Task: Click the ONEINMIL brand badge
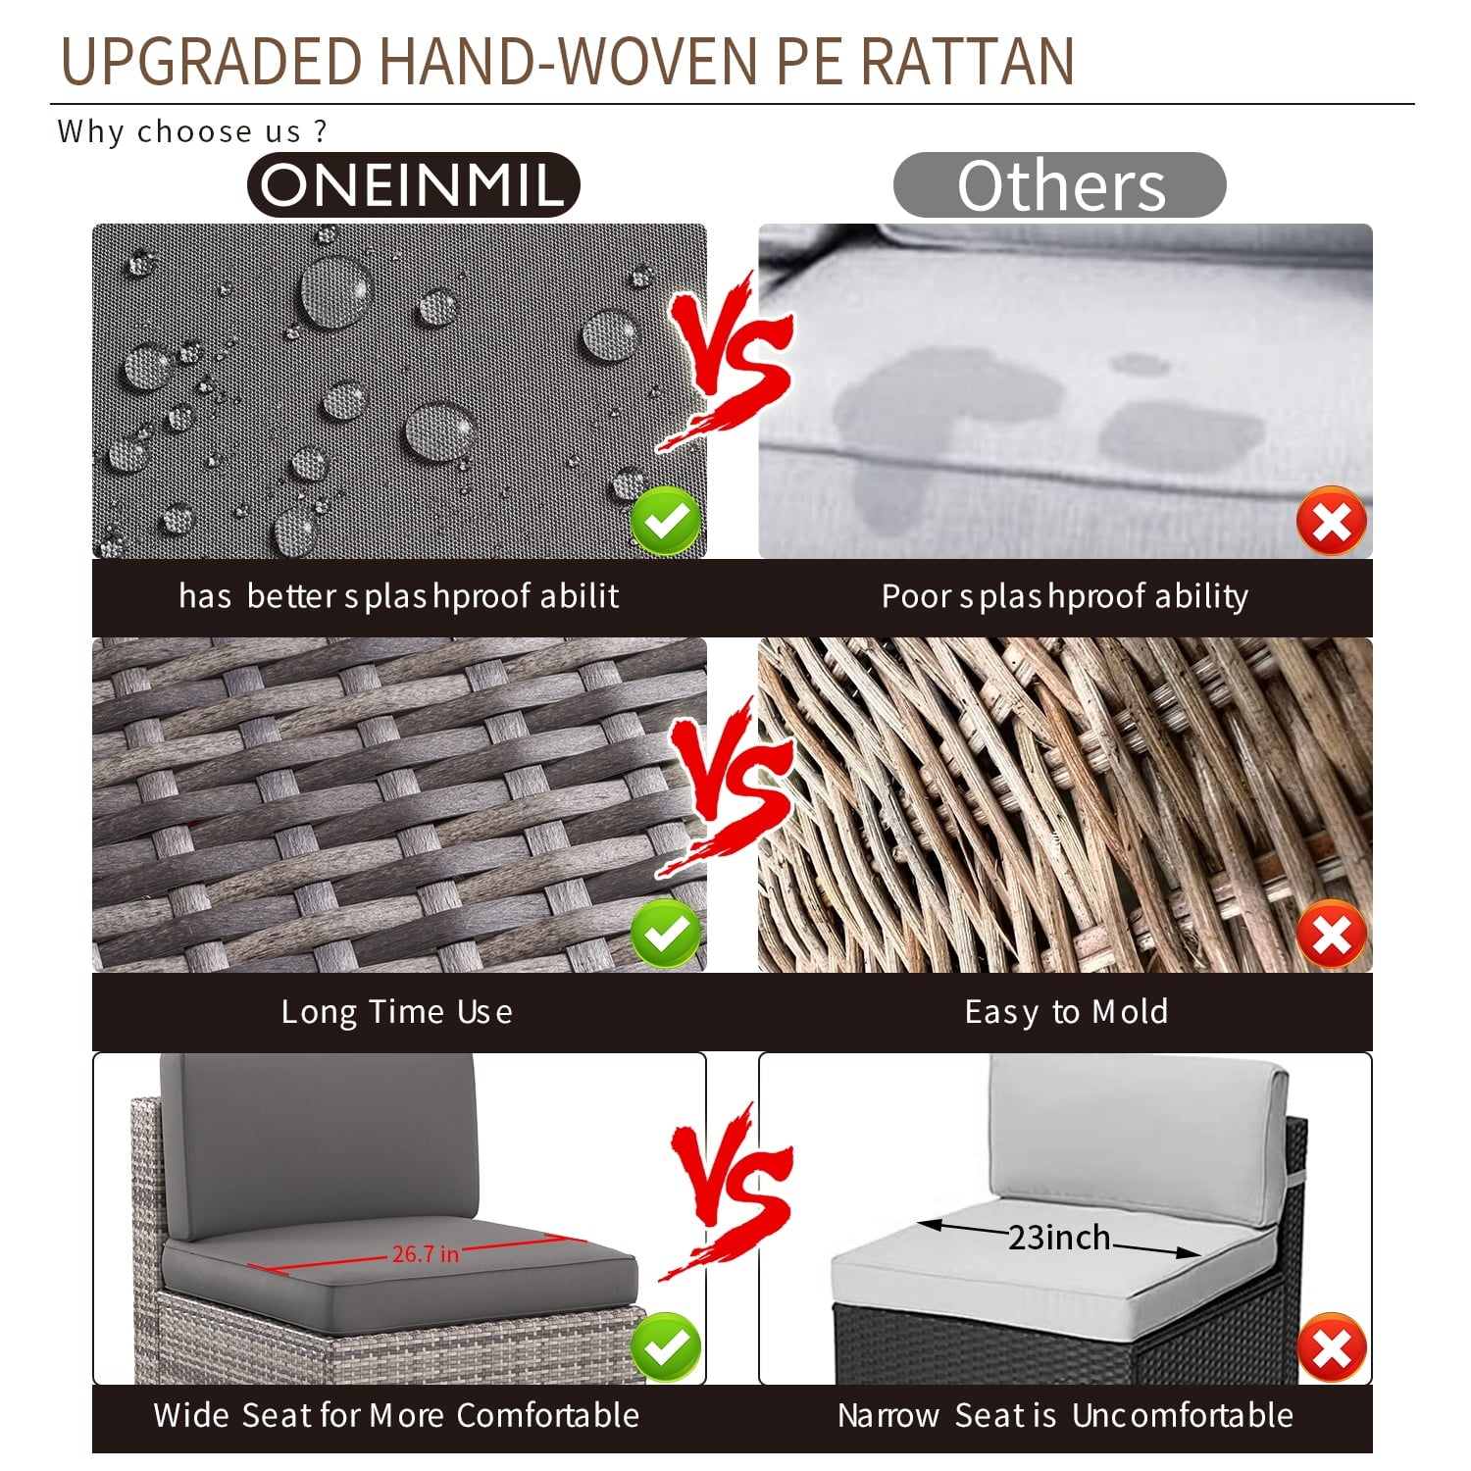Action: [x=414, y=184]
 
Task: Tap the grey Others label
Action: [x=1060, y=184]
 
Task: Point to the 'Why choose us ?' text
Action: [x=192, y=131]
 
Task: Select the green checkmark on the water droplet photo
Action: [x=666, y=521]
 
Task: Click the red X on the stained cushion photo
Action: [x=1332, y=521]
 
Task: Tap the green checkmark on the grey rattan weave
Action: [x=666, y=935]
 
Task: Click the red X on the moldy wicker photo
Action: [x=1332, y=935]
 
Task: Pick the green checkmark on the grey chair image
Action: [x=666, y=1347]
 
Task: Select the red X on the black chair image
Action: [x=1332, y=1347]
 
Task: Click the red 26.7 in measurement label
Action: [x=426, y=1253]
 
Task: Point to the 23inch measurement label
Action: [x=1059, y=1238]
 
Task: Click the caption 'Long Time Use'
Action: [x=396, y=1012]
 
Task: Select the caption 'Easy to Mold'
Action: [x=1066, y=1012]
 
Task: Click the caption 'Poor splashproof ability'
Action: [x=1065, y=596]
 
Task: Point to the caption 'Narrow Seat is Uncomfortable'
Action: [x=1065, y=1415]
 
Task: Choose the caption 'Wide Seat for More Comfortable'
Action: [x=396, y=1415]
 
